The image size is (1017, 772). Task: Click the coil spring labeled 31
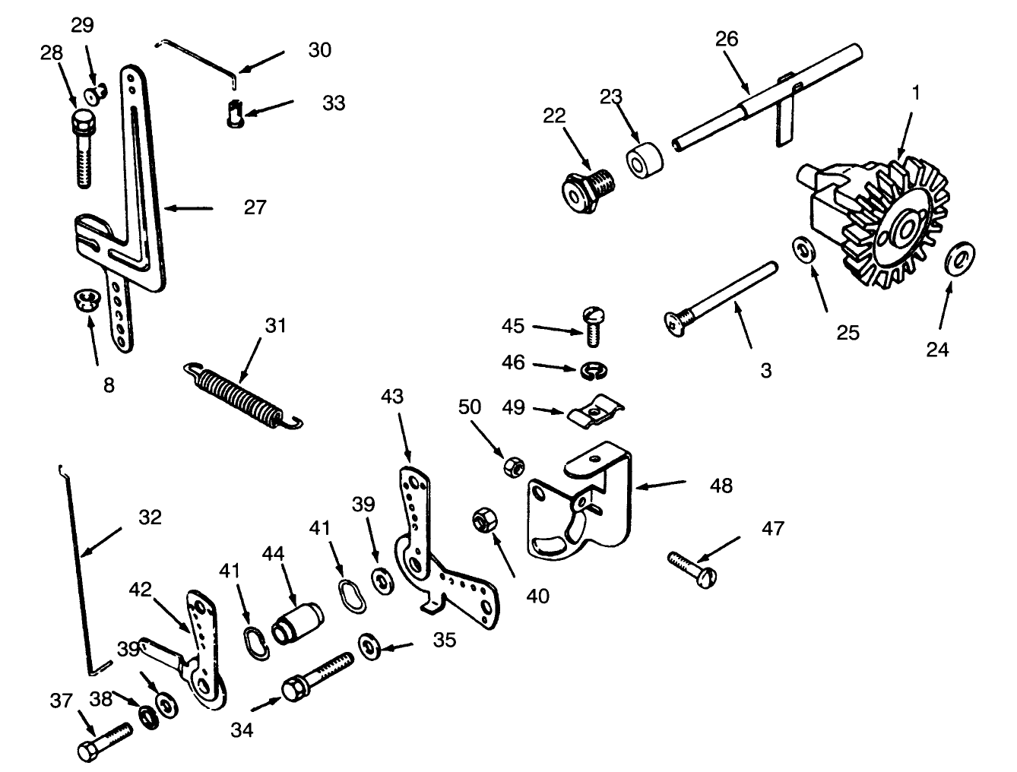click(x=242, y=395)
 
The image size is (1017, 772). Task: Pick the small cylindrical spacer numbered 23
click(x=644, y=158)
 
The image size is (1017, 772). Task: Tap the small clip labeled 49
click(x=594, y=413)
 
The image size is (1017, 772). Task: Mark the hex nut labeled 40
click(x=483, y=520)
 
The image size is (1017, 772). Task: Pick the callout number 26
click(x=727, y=39)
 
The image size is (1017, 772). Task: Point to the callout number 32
click(x=150, y=517)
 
